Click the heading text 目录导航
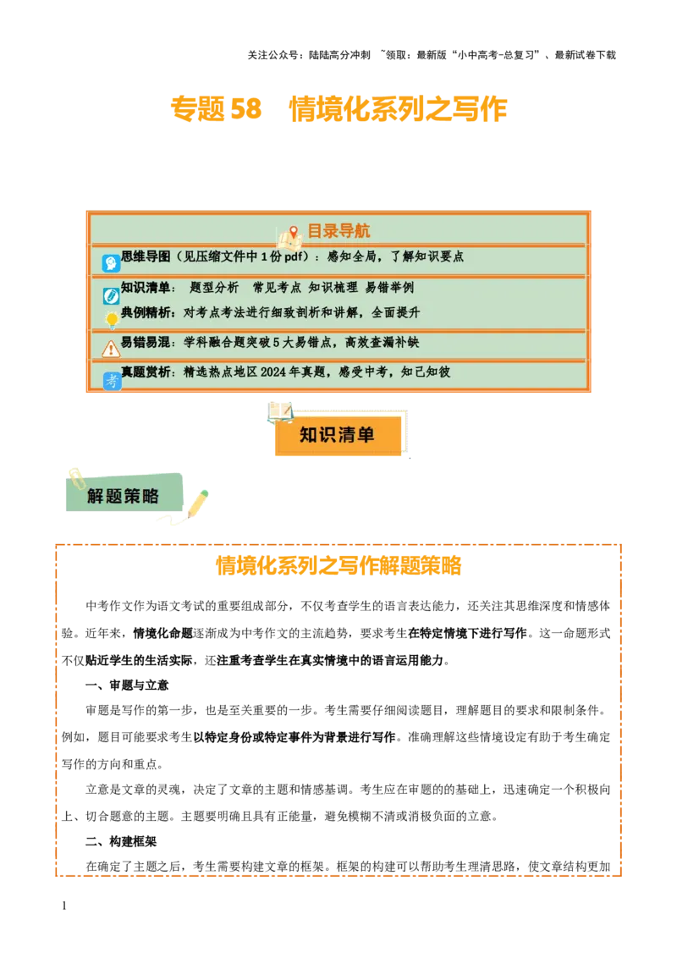click(338, 231)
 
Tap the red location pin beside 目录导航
click(294, 232)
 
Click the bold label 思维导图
click(146, 256)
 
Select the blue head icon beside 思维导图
click(111, 263)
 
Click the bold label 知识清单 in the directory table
click(145, 288)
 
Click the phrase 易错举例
click(389, 288)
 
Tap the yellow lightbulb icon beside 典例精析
click(111, 320)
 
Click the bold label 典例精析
click(145, 312)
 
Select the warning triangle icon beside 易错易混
click(111, 349)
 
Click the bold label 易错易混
click(145, 343)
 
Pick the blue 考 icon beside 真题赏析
click(112, 381)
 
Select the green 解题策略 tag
click(124, 496)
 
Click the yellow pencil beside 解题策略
click(197, 503)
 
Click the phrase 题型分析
click(215, 288)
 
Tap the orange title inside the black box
click(338, 565)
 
